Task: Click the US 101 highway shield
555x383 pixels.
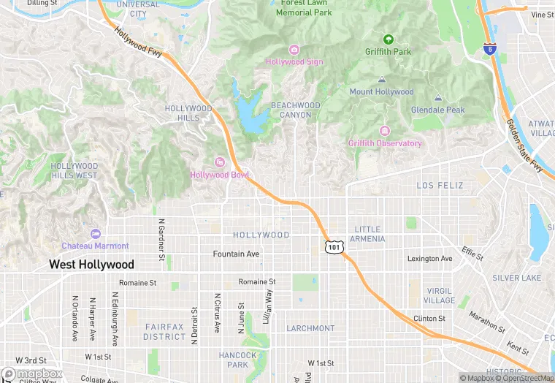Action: [x=333, y=248]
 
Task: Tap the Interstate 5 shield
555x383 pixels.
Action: [x=489, y=49]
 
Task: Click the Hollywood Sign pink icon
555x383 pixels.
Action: [x=294, y=50]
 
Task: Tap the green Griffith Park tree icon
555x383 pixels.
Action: [x=388, y=39]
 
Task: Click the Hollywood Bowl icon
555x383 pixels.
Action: [x=219, y=162]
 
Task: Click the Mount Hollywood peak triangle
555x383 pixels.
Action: [x=381, y=80]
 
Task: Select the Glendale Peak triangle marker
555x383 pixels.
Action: [x=438, y=98]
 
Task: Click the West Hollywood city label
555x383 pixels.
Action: [x=91, y=265]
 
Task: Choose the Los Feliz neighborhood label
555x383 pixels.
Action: [x=440, y=186]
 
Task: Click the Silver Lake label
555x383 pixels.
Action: [x=516, y=278]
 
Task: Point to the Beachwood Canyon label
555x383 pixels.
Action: [x=296, y=110]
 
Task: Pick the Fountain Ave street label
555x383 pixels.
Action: [x=236, y=254]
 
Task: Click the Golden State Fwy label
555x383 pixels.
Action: [x=525, y=145]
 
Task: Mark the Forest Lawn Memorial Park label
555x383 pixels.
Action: [x=305, y=8]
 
